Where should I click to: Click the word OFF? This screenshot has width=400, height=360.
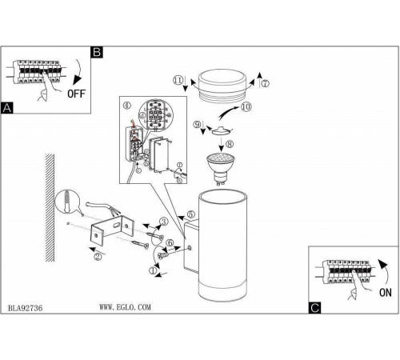(x=76, y=94)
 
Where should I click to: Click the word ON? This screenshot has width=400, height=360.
(x=385, y=293)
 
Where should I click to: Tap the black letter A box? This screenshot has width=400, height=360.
(x=7, y=108)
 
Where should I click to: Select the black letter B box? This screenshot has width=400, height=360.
(x=97, y=52)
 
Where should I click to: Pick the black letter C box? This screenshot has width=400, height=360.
(x=314, y=308)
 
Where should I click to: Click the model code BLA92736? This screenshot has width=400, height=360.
(x=25, y=308)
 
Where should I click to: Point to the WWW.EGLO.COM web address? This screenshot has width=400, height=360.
(x=125, y=307)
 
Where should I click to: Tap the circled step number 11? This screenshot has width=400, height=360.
(x=178, y=80)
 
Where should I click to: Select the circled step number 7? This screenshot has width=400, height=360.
(x=265, y=83)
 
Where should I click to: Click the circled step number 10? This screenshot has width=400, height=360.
(x=246, y=106)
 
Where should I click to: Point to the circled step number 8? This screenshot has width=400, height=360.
(x=230, y=144)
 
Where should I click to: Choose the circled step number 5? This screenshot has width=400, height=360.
(x=190, y=214)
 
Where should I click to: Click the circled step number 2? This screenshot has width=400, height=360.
(x=98, y=257)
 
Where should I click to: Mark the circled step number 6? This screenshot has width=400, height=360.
(x=170, y=243)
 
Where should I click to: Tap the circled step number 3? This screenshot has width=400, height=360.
(x=164, y=222)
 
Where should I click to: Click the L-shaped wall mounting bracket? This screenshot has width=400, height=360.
(x=112, y=230)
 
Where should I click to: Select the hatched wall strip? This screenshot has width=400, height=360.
(x=50, y=207)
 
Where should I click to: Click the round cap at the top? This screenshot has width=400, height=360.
(x=222, y=85)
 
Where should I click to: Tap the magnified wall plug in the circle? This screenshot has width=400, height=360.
(x=67, y=202)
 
